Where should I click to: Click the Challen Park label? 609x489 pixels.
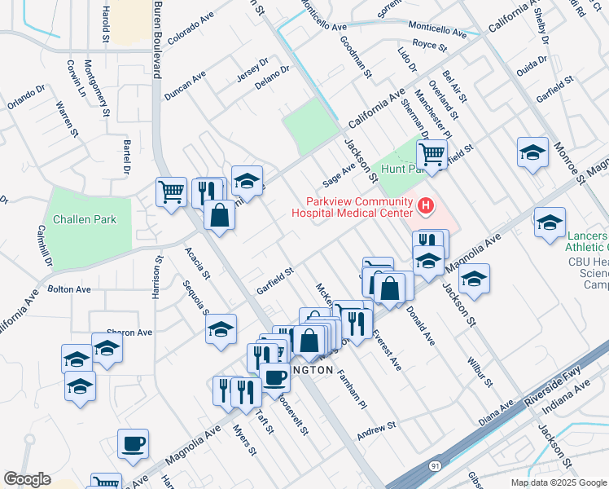[x=85, y=219]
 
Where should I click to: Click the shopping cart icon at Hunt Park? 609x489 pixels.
[x=432, y=153]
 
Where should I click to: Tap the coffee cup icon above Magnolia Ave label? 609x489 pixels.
[x=133, y=444]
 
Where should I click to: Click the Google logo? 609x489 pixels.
[x=27, y=479]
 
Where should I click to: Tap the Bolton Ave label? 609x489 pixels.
[x=69, y=289]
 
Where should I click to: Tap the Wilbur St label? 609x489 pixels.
[x=479, y=369]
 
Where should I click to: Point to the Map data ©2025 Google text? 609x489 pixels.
[x=558, y=482]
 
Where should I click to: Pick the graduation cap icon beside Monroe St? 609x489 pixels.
[x=532, y=152]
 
